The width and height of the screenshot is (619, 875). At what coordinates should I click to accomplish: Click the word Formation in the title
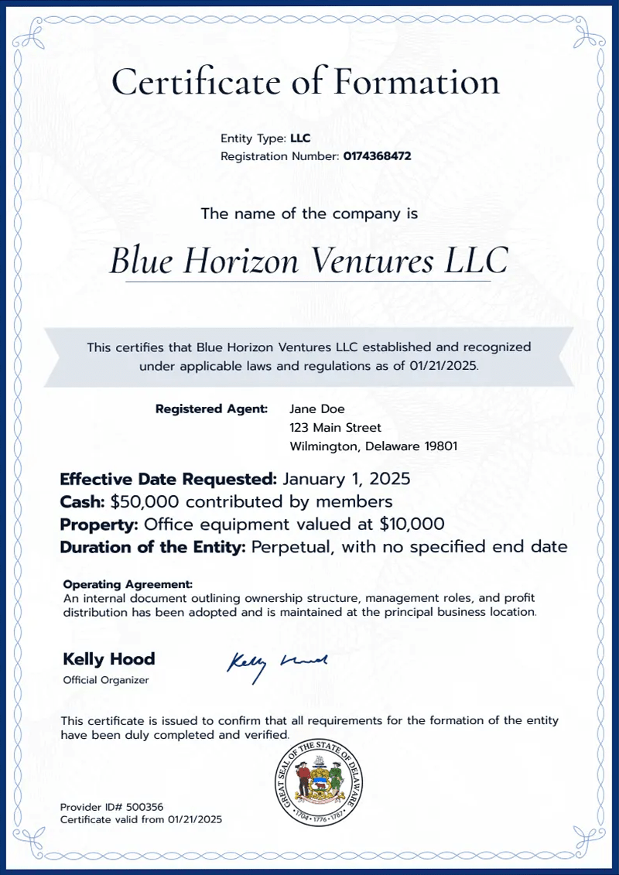417,81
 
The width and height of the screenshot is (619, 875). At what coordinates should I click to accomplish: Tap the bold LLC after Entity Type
300,139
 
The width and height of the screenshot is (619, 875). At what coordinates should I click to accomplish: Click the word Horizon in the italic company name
241,261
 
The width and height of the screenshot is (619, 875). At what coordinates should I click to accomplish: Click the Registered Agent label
212,408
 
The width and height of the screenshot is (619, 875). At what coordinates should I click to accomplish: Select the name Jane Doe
317,408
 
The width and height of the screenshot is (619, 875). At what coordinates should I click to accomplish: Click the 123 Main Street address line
335,427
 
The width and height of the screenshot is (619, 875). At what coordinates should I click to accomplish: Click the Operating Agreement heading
128,584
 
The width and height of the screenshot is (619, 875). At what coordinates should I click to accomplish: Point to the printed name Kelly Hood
108,659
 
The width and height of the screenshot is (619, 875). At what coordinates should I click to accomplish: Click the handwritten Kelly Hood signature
276,663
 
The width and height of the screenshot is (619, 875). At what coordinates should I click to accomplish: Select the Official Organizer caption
105,680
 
